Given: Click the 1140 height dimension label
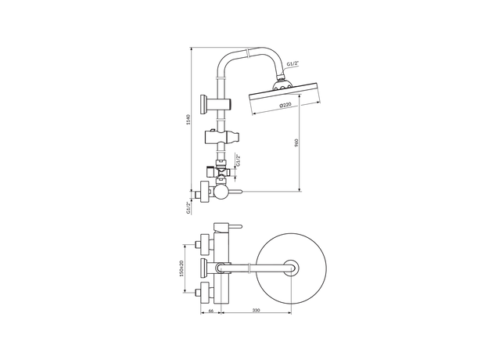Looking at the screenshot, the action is pyautogui.click(x=188, y=120).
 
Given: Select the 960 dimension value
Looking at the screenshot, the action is pyautogui.click(x=296, y=142).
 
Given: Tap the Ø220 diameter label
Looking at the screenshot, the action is pyautogui.click(x=285, y=105).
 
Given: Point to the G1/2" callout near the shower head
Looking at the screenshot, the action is pyautogui.click(x=292, y=63).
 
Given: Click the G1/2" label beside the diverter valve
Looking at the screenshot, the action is pyautogui.click(x=238, y=160).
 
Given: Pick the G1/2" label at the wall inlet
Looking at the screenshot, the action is pyautogui.click(x=188, y=207).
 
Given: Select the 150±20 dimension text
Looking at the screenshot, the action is pyautogui.click(x=181, y=268).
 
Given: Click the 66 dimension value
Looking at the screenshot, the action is pyautogui.click(x=210, y=310).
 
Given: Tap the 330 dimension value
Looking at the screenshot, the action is pyautogui.click(x=256, y=310).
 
